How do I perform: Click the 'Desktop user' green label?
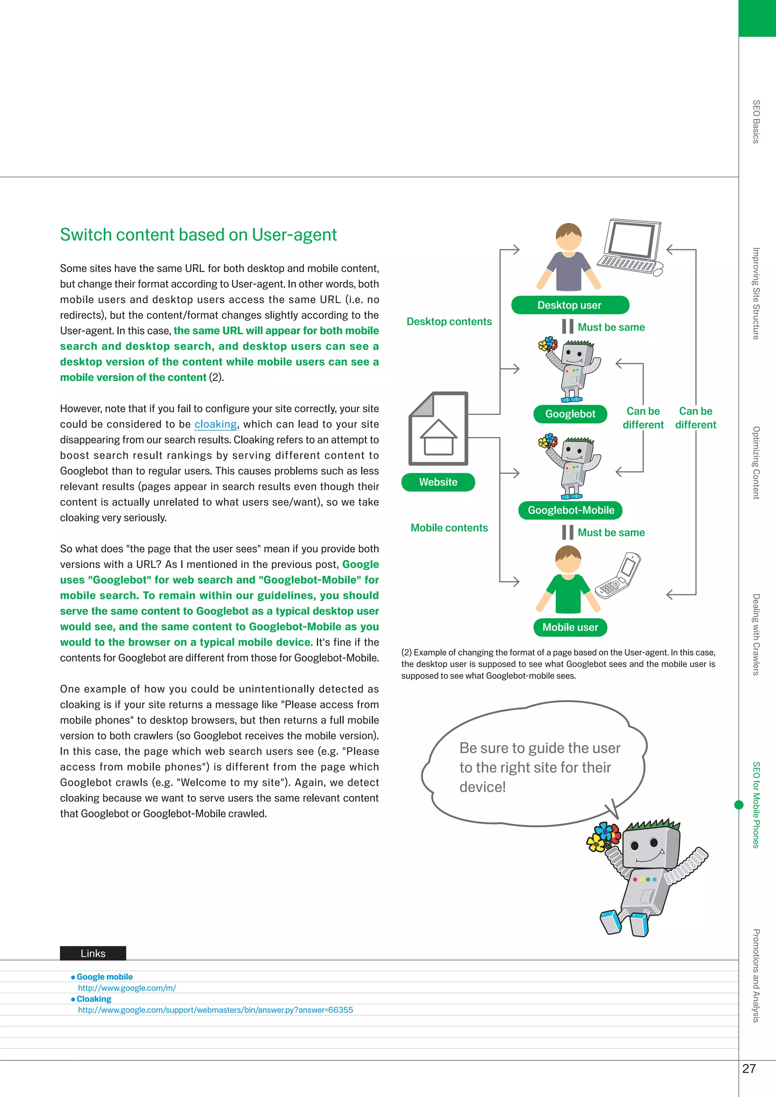[x=569, y=305]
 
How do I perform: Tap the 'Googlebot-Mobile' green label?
[x=571, y=510]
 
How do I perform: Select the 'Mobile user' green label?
[x=570, y=627]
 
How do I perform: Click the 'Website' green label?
[x=438, y=482]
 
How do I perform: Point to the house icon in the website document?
[x=438, y=437]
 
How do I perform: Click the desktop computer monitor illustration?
[x=631, y=241]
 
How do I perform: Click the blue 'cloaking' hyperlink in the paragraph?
[x=216, y=424]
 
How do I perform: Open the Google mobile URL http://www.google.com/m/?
[x=127, y=988]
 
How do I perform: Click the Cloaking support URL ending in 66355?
[x=215, y=1009]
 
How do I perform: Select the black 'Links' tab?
[x=93, y=953]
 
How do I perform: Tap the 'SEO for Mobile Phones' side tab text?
[x=756, y=805]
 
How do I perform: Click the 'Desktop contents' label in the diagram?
[x=449, y=322]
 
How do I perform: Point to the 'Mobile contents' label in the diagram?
[x=449, y=528]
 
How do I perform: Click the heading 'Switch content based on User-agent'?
[x=198, y=234]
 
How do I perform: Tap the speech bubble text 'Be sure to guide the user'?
[x=540, y=748]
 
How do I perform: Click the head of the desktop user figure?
[x=569, y=236]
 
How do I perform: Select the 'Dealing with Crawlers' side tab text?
[x=756, y=634]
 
